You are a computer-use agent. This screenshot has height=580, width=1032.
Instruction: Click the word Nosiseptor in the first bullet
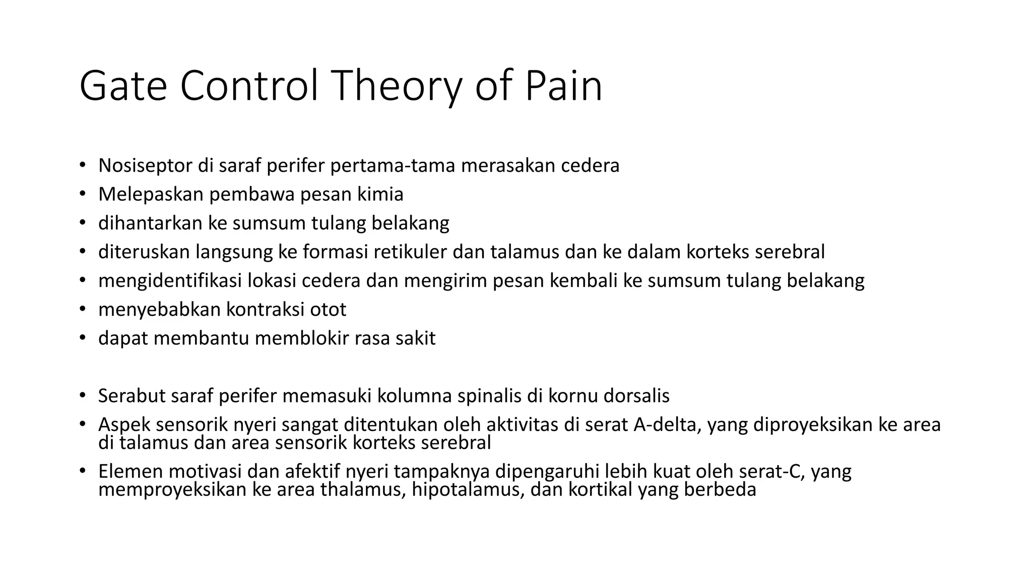pos(145,166)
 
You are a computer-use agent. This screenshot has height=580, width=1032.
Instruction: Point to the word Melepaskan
pos(151,194)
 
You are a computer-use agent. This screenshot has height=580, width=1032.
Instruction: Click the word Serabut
pos(132,396)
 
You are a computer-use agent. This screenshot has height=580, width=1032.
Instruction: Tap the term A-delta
pos(666,425)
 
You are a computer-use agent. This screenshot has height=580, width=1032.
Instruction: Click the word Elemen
pos(131,472)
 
